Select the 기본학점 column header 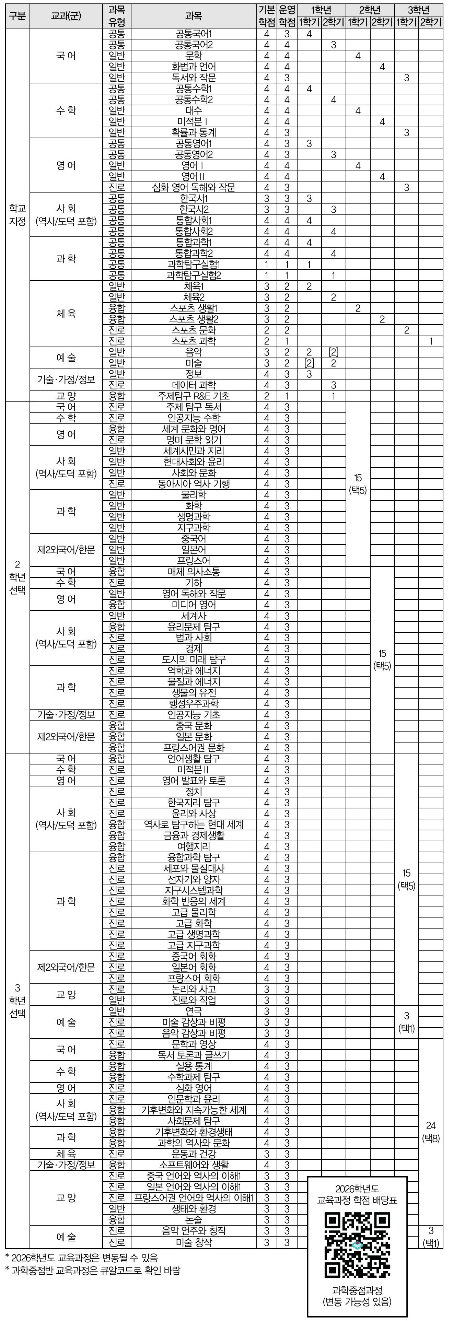click(x=266, y=16)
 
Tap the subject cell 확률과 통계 click(x=194, y=132)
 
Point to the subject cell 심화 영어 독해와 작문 click(x=194, y=187)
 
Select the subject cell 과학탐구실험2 click(x=194, y=275)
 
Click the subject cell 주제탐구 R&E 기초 click(x=194, y=396)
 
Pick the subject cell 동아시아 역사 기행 click(x=194, y=483)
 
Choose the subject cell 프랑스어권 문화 click(x=194, y=747)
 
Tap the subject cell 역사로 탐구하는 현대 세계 click(x=194, y=824)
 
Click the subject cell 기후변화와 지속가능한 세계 click(x=194, y=1110)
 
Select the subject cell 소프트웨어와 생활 click(x=194, y=1165)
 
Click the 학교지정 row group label click(x=18, y=214)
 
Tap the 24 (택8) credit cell click(x=430, y=1131)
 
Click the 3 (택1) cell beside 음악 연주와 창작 click(x=430, y=1236)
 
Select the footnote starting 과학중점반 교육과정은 click(x=92, y=1270)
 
